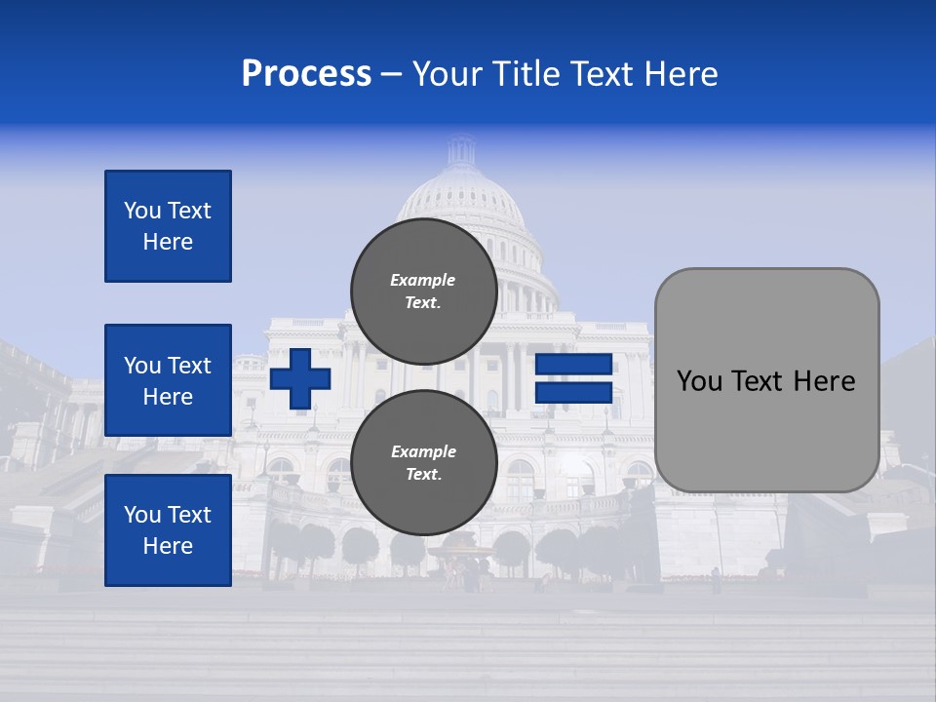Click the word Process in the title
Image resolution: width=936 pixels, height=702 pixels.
click(306, 74)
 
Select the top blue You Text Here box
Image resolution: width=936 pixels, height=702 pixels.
click(168, 226)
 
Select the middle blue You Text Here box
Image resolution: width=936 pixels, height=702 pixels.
click(168, 380)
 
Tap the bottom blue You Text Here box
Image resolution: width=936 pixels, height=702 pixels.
click(168, 530)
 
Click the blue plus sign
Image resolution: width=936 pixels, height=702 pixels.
click(300, 379)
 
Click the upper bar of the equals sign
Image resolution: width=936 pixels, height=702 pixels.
click(573, 365)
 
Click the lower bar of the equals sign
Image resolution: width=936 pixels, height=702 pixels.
click(573, 393)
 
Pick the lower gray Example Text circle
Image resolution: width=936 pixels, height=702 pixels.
click(423, 463)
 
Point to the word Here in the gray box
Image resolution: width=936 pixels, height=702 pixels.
click(824, 381)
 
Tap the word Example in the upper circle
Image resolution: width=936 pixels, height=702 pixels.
click(423, 281)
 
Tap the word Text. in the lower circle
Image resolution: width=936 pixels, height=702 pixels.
click(423, 475)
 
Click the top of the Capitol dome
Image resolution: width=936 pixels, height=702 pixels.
click(460, 146)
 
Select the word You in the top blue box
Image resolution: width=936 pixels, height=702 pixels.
click(142, 211)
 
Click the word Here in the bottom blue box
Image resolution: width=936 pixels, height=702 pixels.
click(168, 546)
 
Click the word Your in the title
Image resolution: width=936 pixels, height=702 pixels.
click(446, 74)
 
